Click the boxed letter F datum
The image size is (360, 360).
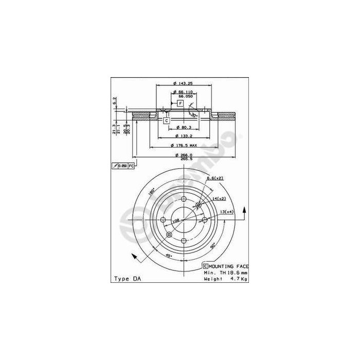click(x=181, y=103)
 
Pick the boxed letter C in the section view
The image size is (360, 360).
click(x=166, y=121)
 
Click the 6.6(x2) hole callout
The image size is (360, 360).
click(x=214, y=178)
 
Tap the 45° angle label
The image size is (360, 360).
click(x=167, y=255)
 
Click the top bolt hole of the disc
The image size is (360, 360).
click(x=184, y=199)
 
